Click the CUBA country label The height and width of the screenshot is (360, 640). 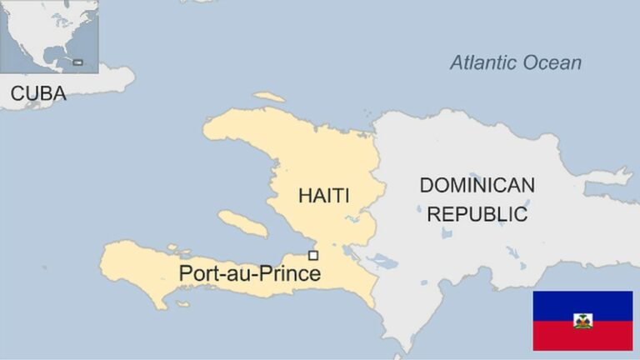[x=38, y=94]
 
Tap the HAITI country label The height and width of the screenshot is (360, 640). [x=324, y=197]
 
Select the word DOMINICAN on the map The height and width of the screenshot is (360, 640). [x=477, y=185]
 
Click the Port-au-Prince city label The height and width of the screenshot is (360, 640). [x=250, y=273]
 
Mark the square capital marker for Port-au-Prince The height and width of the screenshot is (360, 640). [x=313, y=255]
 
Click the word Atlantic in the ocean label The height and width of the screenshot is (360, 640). [x=484, y=62]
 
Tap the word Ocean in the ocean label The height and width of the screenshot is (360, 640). [x=552, y=62]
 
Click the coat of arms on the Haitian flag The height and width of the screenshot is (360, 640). [x=582, y=321]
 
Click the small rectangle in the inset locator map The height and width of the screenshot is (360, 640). [x=78, y=62]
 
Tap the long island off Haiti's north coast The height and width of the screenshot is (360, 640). [x=269, y=97]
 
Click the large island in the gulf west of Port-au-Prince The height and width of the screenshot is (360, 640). [x=242, y=222]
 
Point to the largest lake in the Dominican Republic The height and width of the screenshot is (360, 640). [x=385, y=262]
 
